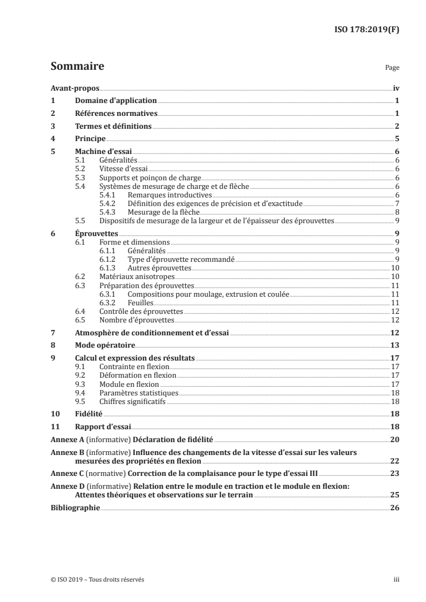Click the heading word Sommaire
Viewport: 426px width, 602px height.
click(x=77, y=67)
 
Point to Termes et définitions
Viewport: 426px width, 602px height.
click(x=113, y=127)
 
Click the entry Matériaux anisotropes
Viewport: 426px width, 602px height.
click(x=133, y=276)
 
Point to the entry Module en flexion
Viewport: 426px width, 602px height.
click(x=129, y=384)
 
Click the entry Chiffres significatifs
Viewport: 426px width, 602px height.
click(x=135, y=401)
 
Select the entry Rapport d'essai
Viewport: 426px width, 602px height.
click(x=102, y=427)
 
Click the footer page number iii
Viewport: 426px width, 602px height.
click(x=396, y=579)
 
